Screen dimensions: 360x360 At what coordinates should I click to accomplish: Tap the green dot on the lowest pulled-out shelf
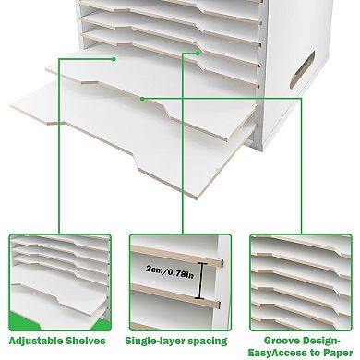coord(141,97)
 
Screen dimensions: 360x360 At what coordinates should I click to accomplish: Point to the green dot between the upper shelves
coord(194,54)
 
